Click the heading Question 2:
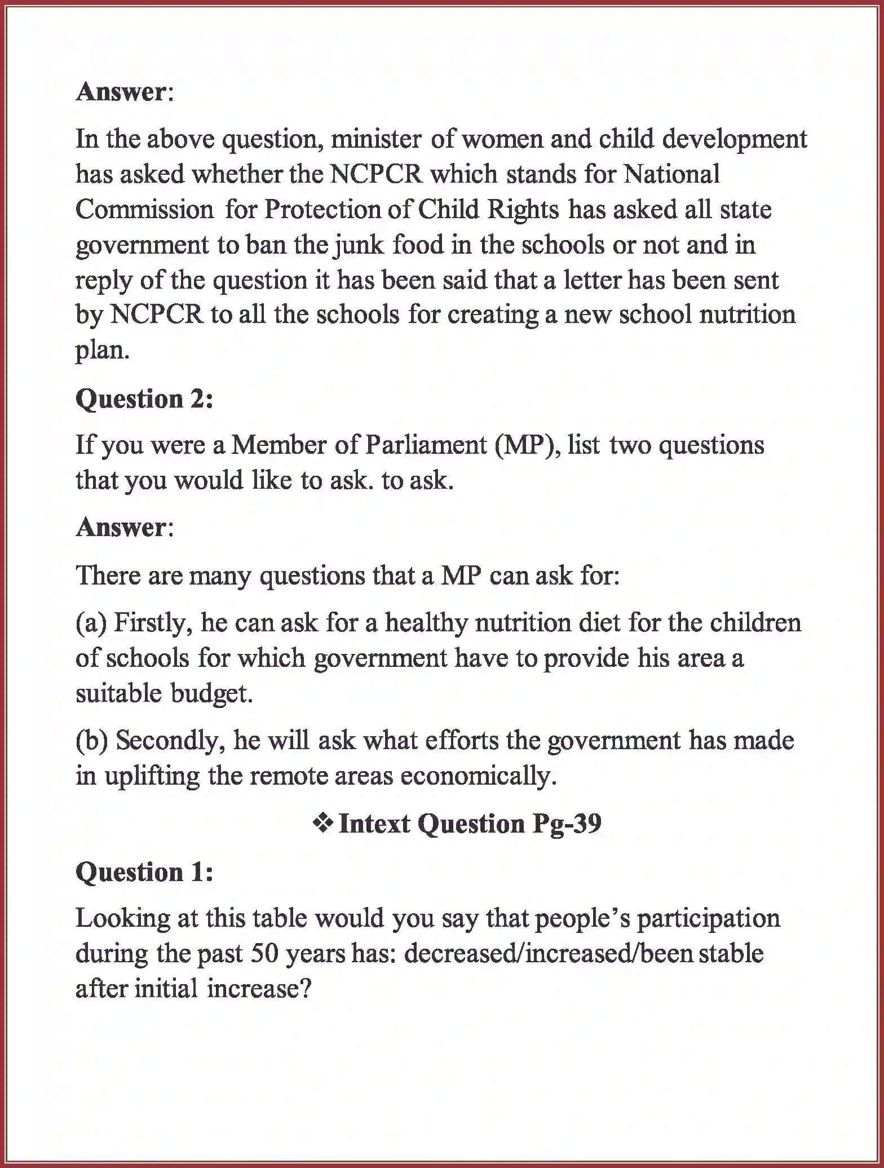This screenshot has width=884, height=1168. (x=144, y=399)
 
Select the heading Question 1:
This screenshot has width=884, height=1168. (x=144, y=872)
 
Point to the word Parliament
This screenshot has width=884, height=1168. (x=426, y=446)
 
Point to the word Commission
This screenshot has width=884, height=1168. (x=144, y=210)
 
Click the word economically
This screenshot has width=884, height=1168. (x=479, y=776)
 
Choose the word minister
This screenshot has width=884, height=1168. (x=375, y=139)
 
